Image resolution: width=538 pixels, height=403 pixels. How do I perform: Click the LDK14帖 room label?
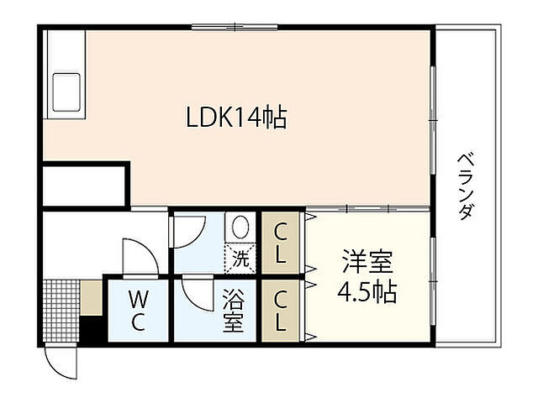coord(236,118)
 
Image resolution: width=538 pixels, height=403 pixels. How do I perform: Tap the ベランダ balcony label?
coord(464,186)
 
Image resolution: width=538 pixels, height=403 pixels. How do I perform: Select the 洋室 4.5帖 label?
coord(367,277)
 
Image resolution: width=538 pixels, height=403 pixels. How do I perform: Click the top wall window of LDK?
coord(235,27)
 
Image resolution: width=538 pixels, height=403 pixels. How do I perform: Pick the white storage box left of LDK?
coord(84,186)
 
